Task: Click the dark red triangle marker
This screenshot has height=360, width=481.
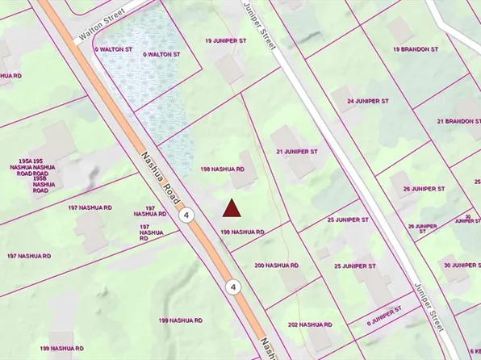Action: (232, 209)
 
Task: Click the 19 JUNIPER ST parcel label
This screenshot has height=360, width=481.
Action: (224, 40)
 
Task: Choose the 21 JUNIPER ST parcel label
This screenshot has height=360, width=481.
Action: (297, 151)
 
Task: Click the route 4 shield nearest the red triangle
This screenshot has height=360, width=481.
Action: (187, 216)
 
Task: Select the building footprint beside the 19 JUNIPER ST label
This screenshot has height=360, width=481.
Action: (230, 69)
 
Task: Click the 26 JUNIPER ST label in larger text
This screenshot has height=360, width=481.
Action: (424, 189)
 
